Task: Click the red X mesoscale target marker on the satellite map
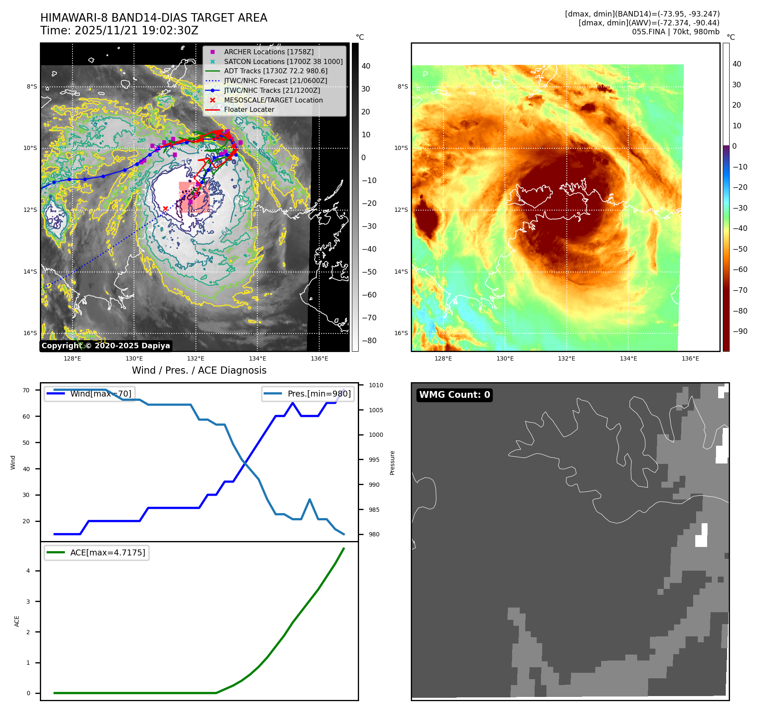tap(165, 208)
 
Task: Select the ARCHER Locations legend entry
tap(269, 52)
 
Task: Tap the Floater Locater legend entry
tap(249, 109)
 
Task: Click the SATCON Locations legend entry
tap(283, 61)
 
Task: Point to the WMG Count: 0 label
tap(454, 395)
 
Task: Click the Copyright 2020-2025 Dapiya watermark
tap(106, 346)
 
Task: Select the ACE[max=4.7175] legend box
tap(97, 552)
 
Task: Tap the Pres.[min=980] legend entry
tap(308, 394)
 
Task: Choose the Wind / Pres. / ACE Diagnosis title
tap(199, 370)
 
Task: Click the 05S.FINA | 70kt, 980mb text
tap(676, 32)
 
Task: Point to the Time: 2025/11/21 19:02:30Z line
tap(119, 31)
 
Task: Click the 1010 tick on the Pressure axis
tap(376, 385)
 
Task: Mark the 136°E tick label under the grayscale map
tap(319, 358)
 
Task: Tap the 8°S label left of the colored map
tap(402, 86)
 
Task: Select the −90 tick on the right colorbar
tap(740, 331)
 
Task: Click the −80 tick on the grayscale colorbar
tap(369, 340)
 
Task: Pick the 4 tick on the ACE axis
tap(28, 571)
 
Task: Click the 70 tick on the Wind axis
tap(26, 390)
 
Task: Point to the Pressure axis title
tap(393, 463)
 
